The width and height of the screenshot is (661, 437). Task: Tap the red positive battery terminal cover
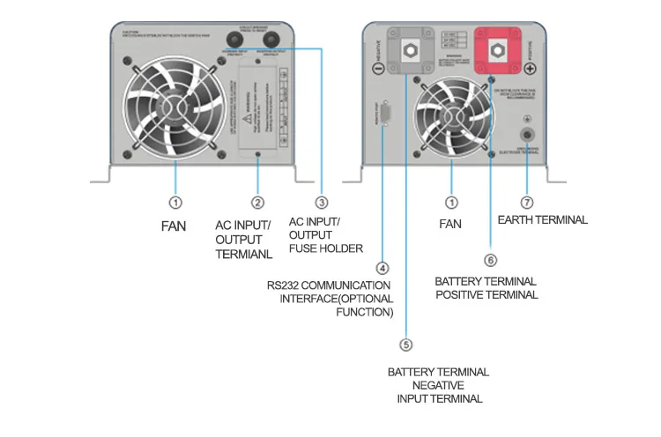click(x=497, y=51)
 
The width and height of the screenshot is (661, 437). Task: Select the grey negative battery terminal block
click(x=410, y=52)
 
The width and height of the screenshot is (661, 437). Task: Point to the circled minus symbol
click(x=377, y=68)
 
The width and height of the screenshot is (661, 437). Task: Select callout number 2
click(x=257, y=203)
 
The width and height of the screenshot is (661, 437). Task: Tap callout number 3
click(x=322, y=203)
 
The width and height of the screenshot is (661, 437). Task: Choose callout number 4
click(x=382, y=267)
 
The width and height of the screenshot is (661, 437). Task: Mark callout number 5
click(x=405, y=344)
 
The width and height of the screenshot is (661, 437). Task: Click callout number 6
click(x=491, y=260)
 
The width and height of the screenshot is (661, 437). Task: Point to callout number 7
click(x=528, y=203)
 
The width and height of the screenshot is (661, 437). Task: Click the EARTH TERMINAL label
click(x=542, y=219)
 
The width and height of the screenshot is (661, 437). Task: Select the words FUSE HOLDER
click(x=326, y=248)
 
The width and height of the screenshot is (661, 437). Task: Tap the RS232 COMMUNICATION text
click(x=329, y=285)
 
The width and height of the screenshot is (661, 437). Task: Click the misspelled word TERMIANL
click(x=242, y=254)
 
